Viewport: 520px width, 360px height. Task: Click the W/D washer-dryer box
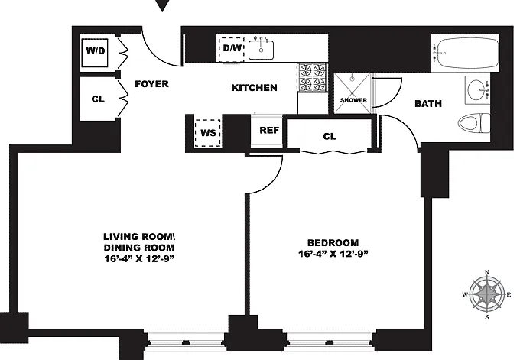tap(95, 53)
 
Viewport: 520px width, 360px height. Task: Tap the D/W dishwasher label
tap(232, 48)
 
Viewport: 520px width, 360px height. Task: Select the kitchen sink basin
tap(261, 50)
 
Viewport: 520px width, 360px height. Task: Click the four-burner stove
tap(312, 77)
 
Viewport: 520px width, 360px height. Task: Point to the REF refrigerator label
tap(269, 131)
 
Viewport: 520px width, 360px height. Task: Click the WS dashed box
tap(208, 133)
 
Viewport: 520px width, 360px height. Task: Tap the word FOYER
tap(152, 84)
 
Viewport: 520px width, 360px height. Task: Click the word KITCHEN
tap(254, 88)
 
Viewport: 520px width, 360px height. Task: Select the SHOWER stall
tap(352, 93)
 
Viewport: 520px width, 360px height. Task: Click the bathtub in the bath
tap(465, 53)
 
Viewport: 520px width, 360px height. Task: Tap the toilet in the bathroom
tap(474, 123)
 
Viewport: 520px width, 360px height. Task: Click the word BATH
tap(428, 104)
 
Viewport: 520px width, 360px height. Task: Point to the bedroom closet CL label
tap(330, 136)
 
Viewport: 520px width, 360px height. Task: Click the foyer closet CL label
tap(98, 99)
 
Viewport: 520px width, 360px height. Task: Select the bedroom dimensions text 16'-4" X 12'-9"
tap(333, 254)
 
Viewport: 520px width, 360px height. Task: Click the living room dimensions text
tap(139, 258)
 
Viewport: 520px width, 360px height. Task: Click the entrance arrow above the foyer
tap(162, 5)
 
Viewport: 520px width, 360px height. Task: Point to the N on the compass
tap(487, 273)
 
